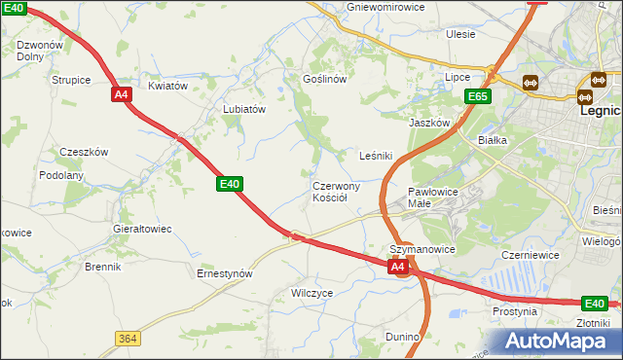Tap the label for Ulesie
point(460,34)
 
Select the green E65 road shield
point(477,96)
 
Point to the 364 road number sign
point(127,338)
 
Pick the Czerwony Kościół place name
point(337,192)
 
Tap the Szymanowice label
point(422,249)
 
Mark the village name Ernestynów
point(225,274)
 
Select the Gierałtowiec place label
point(142,229)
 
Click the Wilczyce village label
point(312,292)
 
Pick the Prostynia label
point(515,312)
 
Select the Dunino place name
point(401,337)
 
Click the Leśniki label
point(376,156)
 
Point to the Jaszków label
point(429,124)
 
